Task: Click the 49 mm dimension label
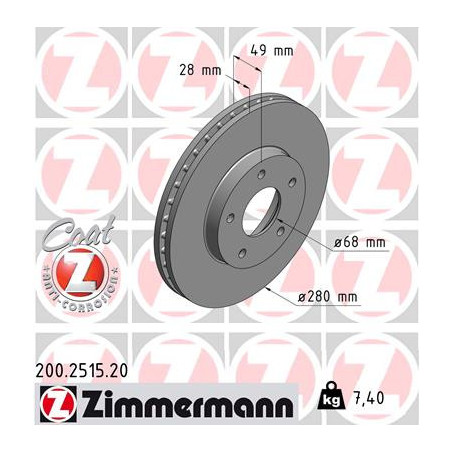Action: click(x=272, y=51)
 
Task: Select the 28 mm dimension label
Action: click(x=200, y=70)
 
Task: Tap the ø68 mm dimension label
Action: click(x=360, y=242)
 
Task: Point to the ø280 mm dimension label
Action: click(x=328, y=296)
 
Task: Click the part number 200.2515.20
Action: click(x=82, y=371)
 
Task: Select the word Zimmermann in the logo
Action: click(x=188, y=404)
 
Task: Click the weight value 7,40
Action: click(x=369, y=398)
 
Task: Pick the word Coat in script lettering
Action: click(x=79, y=232)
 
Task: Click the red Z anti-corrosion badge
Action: click(x=80, y=273)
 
